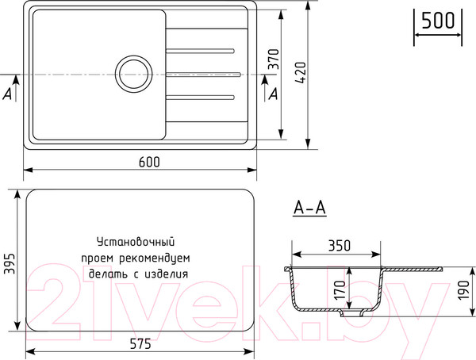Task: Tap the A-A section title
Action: click(309, 209)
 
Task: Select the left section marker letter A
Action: click(7, 93)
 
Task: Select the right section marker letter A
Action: click(274, 94)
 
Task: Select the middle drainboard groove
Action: click(203, 75)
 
